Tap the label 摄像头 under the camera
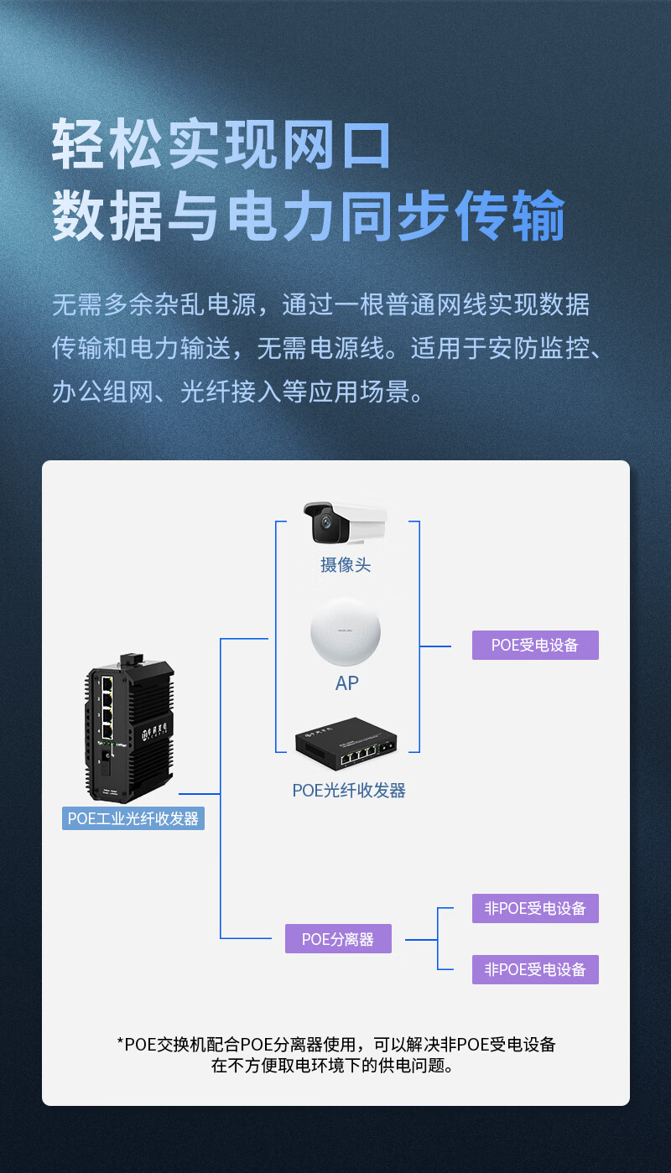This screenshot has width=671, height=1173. pyautogui.click(x=345, y=565)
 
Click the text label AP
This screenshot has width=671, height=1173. pyautogui.click(x=346, y=683)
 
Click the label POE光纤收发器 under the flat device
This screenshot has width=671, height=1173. pyautogui.click(x=349, y=791)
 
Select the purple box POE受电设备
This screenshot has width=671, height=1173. pyautogui.click(x=535, y=646)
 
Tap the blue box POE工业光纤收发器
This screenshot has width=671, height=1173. pyautogui.click(x=133, y=818)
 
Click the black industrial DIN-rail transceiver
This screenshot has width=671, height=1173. pyautogui.click(x=130, y=729)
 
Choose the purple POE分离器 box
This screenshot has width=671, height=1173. pyautogui.click(x=338, y=939)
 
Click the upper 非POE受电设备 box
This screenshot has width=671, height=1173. pyautogui.click(x=535, y=908)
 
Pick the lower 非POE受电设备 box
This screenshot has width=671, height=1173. pyautogui.click(x=535, y=970)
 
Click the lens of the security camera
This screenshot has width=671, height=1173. pyautogui.click(x=325, y=528)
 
